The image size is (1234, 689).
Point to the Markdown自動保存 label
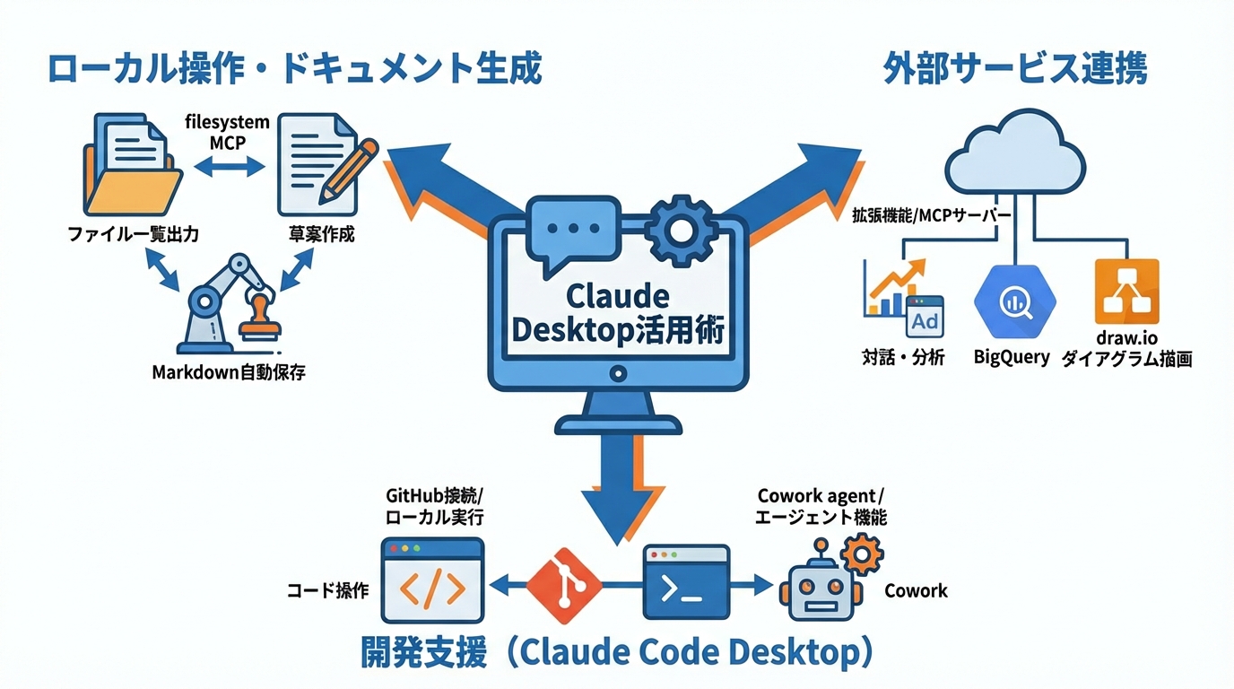tap(229, 371)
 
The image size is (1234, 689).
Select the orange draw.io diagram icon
tap(1126, 292)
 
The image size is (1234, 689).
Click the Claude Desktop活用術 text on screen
tap(617, 314)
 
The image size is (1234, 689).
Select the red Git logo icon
tap(563, 586)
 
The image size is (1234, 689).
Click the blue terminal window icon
tap(686, 583)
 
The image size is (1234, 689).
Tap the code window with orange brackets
tap(432, 580)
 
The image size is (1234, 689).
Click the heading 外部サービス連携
tap(1014, 68)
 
